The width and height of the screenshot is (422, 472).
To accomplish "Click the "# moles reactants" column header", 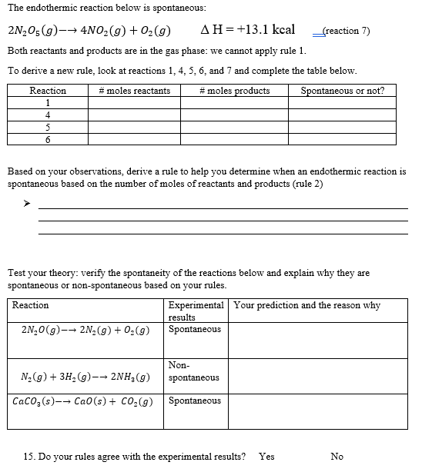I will click(135, 91).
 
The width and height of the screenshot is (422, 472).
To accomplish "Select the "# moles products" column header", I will click(234, 91).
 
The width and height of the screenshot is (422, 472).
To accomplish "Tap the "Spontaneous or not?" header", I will click(342, 91).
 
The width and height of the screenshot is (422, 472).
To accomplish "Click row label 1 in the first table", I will click(48, 103).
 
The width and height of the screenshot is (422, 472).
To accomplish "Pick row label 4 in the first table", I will click(48, 115).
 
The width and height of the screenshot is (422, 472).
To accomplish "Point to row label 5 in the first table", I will click(48, 128).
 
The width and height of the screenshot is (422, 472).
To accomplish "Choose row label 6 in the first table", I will click(48, 140).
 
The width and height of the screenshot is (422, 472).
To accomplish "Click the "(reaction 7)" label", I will click(347, 31).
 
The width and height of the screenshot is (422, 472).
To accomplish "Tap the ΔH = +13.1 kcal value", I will click(246, 30).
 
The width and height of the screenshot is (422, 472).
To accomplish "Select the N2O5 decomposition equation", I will click(89, 31).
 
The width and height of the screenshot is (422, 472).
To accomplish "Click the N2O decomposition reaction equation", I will click(85, 331).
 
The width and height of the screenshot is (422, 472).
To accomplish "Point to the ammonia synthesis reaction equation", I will click(85, 377).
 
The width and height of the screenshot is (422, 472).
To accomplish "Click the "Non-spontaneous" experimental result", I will click(193, 372).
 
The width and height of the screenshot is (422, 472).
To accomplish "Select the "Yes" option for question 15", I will click(266, 457).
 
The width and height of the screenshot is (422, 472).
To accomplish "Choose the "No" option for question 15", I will click(337, 457).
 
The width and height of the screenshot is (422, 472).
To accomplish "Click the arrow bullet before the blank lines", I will click(26, 204).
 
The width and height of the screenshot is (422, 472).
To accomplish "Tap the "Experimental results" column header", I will click(196, 311).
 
